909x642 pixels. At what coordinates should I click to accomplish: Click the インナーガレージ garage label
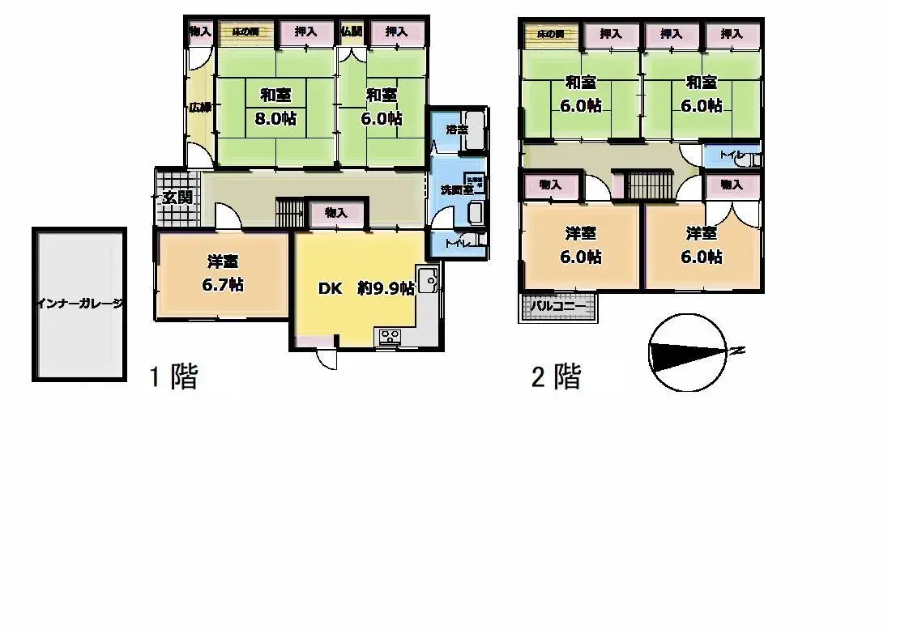click(x=79, y=304)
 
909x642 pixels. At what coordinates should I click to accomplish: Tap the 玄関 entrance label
click(x=177, y=197)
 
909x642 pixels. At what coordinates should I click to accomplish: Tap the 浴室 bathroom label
click(x=457, y=130)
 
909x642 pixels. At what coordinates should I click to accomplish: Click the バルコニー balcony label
click(x=558, y=307)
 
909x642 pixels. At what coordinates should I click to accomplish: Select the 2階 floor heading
click(x=556, y=376)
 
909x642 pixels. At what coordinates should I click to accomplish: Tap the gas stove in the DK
click(x=387, y=337)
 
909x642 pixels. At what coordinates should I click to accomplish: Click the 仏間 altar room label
click(x=351, y=32)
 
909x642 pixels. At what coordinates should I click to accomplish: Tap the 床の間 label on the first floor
click(x=245, y=32)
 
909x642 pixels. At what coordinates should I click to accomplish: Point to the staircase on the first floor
click(x=288, y=212)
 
